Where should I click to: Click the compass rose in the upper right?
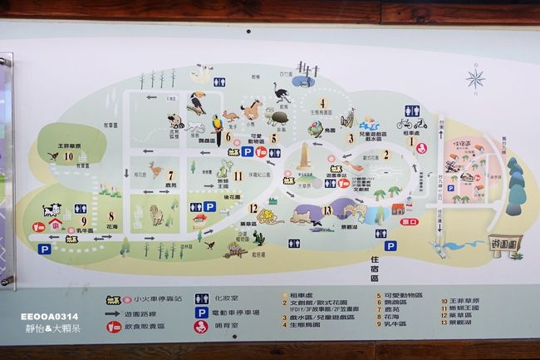[475, 79]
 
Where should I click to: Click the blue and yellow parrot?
[217, 123]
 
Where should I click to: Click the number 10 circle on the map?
[68, 155]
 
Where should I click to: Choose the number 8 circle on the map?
[110, 216]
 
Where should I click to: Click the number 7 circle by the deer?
[170, 175]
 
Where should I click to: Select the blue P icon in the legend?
[201, 313]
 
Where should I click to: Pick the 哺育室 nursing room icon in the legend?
[201, 327]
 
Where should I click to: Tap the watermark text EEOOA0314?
[51, 316]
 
